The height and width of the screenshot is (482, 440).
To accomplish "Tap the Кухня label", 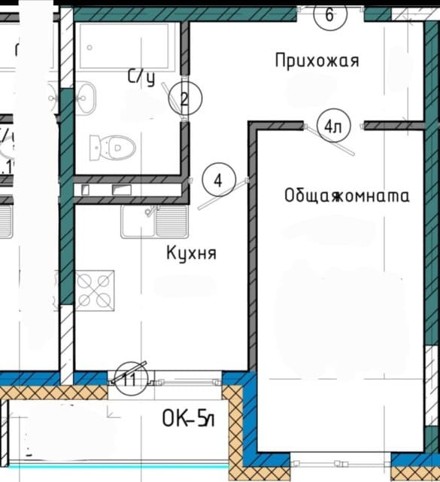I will [191, 253].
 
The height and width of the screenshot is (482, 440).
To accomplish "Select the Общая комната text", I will [347, 196].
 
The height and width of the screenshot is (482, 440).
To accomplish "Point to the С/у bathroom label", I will [141, 76].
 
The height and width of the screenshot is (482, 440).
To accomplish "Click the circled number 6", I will [329, 14].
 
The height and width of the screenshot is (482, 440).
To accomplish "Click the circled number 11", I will [129, 379].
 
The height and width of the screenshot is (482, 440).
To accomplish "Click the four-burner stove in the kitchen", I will [95, 289].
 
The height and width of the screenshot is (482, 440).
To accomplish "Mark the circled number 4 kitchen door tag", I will [218, 181].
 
